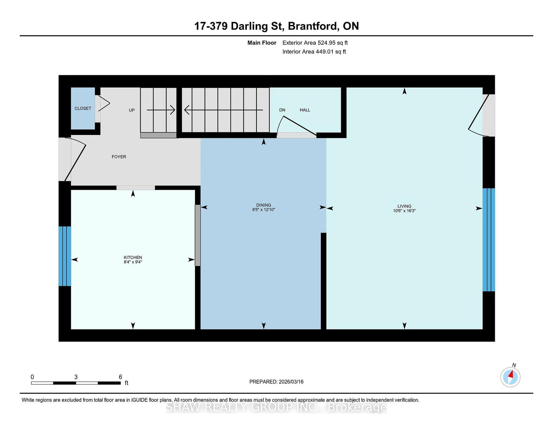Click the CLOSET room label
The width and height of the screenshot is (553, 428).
(x=83, y=108)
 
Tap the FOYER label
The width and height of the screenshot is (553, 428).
(x=119, y=157)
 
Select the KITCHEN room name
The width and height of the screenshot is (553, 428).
(x=133, y=257)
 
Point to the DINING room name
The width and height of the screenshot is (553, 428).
(x=264, y=205)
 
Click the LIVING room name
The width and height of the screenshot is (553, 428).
(x=404, y=206)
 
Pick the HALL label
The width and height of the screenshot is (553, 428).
(x=305, y=110)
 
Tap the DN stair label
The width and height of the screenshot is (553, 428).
(x=282, y=110)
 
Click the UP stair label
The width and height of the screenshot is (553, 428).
(x=132, y=110)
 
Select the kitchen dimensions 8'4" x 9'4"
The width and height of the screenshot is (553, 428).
(x=133, y=262)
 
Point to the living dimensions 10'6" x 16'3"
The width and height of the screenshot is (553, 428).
(x=404, y=211)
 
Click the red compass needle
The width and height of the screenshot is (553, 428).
(x=510, y=374)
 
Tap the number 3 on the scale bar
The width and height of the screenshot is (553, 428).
(x=76, y=377)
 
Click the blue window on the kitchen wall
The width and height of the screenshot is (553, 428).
(x=65, y=256)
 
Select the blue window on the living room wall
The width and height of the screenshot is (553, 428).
(x=489, y=240)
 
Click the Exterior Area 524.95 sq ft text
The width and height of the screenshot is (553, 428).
(x=315, y=43)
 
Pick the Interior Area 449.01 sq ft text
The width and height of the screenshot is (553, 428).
(x=314, y=52)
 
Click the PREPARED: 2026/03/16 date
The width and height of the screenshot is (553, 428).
(x=276, y=382)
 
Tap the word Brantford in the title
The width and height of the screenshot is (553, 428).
(x=313, y=26)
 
